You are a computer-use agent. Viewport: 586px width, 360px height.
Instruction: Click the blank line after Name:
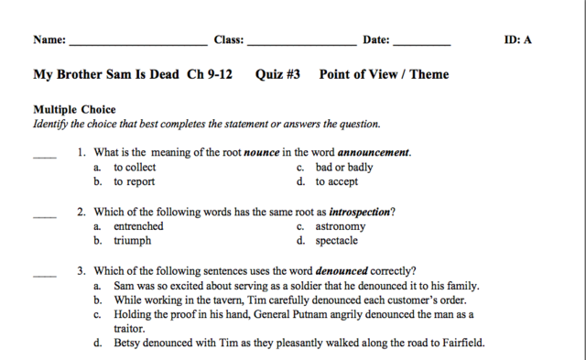coord(137,43)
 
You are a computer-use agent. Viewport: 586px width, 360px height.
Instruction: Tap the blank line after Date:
coord(421,43)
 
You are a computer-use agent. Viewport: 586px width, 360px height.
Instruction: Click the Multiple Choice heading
coord(74,110)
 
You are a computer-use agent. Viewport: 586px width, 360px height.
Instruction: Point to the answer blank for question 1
coord(45,157)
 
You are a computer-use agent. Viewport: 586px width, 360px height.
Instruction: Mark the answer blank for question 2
coord(45,216)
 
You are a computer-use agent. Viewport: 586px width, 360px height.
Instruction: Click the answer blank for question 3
coord(45,275)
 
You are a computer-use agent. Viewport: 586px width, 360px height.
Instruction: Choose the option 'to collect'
coord(135,168)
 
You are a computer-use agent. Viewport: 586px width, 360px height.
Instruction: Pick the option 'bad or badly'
coord(343,168)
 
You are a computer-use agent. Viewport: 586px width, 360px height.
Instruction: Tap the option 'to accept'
coord(337,182)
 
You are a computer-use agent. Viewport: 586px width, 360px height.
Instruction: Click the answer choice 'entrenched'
coord(138,226)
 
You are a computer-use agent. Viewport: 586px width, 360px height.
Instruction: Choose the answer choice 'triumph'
coord(133,241)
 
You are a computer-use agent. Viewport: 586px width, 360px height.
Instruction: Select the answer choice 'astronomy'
coord(340,226)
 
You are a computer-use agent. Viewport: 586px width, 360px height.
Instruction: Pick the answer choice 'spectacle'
coord(336,241)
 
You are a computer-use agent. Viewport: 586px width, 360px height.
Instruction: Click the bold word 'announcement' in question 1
coord(374,153)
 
